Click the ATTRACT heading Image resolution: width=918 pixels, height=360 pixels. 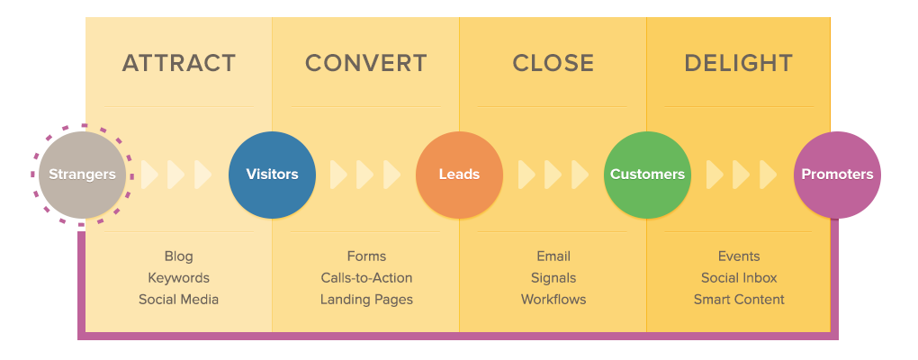coord(179,63)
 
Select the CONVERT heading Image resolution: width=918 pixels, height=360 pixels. coord(365,63)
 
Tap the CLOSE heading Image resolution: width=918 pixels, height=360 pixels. coord(553,63)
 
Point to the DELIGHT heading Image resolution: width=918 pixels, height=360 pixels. coord(739,63)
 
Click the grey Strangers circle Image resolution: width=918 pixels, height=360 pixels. coord(82,175)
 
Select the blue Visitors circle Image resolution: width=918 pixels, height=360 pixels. coord(272,175)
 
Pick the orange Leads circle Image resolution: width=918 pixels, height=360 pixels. coord(459,175)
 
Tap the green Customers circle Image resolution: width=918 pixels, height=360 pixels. coord(647,175)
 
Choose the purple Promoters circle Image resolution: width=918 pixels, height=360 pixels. coord(837,175)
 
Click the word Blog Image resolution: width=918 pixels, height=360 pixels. coord(178,256)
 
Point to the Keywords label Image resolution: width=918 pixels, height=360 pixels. coord(178,278)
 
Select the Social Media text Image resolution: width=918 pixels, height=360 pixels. coord(178,300)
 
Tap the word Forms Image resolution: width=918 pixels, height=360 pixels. coord(366,256)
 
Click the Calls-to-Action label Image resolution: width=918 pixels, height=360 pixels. coord(366,278)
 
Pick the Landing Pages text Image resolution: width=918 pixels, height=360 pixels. coord(366,300)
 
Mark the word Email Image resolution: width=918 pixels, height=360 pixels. coord(553,256)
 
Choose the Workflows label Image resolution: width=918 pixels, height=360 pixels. coord(553,300)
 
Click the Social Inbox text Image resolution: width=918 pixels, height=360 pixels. coord(739,278)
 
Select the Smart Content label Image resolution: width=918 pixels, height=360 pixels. coord(739,300)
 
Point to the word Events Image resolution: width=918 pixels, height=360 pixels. coord(739,256)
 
